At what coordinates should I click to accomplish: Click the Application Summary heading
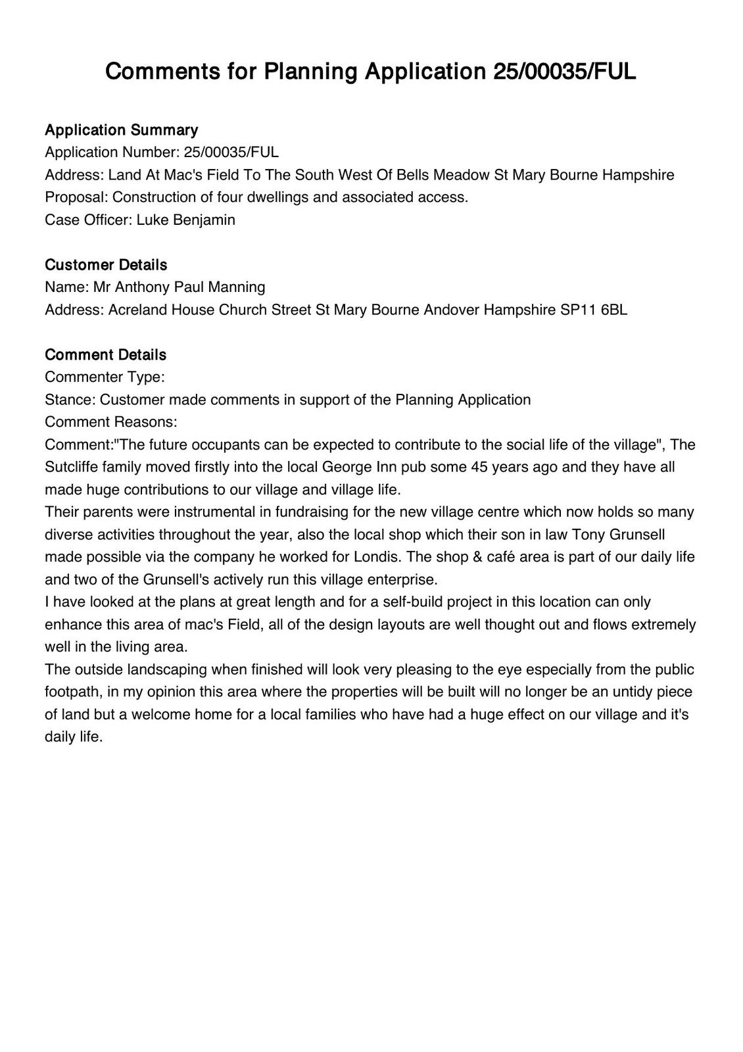[121, 130]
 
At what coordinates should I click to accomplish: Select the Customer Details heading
[106, 264]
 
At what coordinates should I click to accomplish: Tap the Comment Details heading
[105, 354]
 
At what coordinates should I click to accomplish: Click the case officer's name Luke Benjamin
[185, 220]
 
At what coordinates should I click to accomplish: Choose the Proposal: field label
[76, 197]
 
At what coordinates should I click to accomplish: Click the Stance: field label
[70, 399]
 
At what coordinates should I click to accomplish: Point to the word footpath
[71, 692]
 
